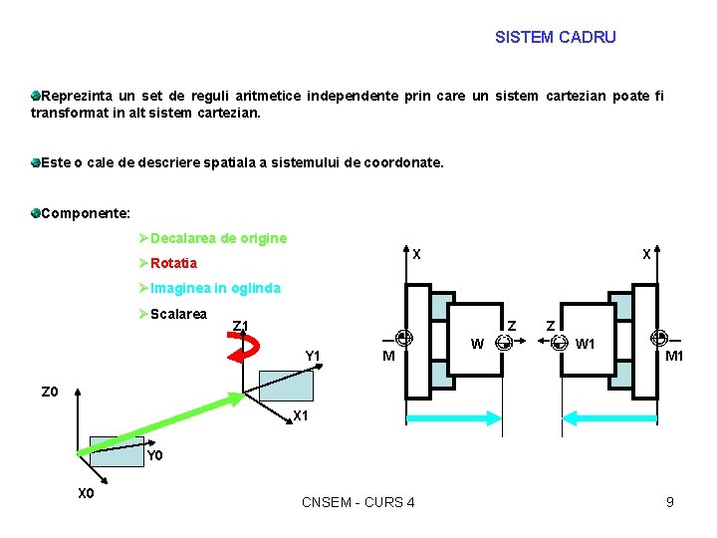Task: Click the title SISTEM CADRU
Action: [555, 38]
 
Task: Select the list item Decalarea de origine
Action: [218, 238]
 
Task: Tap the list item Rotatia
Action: [173, 263]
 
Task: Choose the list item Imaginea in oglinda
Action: [215, 288]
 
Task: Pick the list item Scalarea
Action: [178, 314]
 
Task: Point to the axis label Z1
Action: [240, 325]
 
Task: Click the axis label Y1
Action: [312, 356]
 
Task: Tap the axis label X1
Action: [302, 416]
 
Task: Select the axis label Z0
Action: [50, 392]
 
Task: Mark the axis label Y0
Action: [154, 456]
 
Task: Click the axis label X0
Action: [86, 493]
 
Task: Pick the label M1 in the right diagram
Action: [674, 357]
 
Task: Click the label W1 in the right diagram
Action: [586, 344]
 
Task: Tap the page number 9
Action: [670, 502]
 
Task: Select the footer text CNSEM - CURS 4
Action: [358, 502]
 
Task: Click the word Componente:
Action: [87, 212]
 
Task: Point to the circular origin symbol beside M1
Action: [658, 339]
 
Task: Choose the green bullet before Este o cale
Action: [35, 161]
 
